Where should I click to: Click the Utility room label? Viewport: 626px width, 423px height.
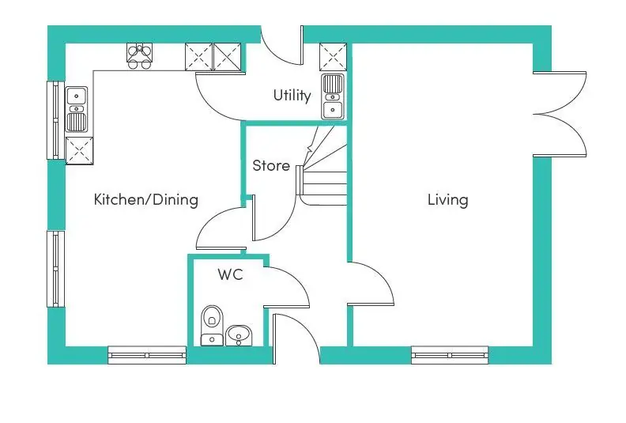coord(292,96)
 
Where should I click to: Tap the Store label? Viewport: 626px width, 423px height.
coord(271,165)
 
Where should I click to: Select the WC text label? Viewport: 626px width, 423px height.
coord(230,274)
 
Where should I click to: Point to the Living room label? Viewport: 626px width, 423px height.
coord(447,200)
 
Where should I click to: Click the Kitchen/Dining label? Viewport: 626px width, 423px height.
coord(145,199)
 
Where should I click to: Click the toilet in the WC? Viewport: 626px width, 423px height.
coord(212,326)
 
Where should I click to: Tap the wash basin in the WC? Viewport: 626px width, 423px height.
coord(239,335)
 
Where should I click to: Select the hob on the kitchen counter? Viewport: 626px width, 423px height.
coord(139,56)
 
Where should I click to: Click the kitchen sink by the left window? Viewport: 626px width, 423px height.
coord(76,109)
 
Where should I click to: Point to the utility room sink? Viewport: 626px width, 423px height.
coord(333,96)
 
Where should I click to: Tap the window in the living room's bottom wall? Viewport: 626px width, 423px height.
coord(450,355)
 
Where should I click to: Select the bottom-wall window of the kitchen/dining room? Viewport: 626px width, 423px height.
coord(147,355)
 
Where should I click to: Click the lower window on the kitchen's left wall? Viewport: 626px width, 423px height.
coord(56,269)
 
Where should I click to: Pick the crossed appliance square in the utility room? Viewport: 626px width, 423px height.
coord(333,57)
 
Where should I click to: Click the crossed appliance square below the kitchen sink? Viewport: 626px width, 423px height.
coord(79,150)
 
